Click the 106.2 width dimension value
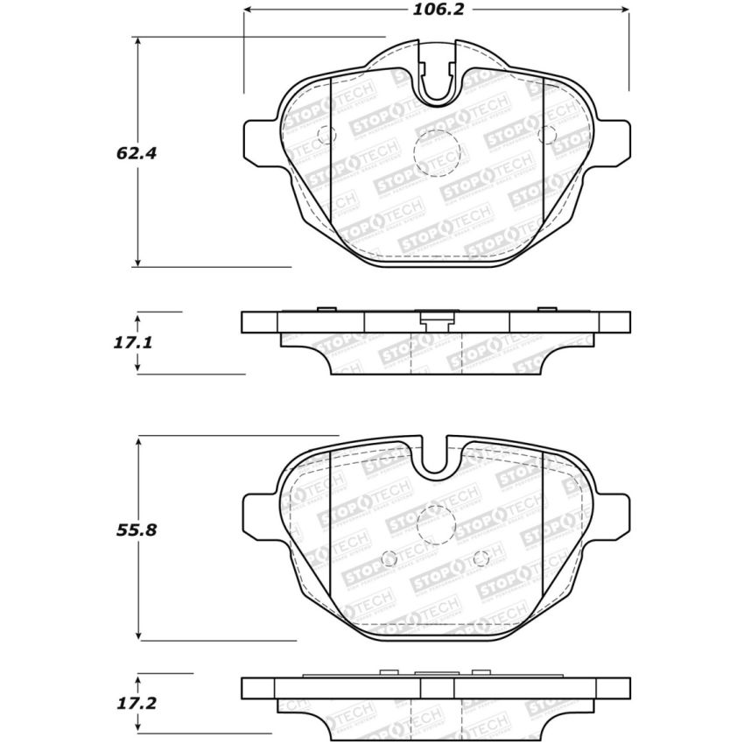coord(436,10)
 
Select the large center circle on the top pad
coord(437,153)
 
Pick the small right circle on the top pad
coord(548,134)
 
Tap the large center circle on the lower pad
coord(437,525)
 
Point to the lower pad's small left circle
coord(391,558)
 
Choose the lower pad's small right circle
coord(481,558)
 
